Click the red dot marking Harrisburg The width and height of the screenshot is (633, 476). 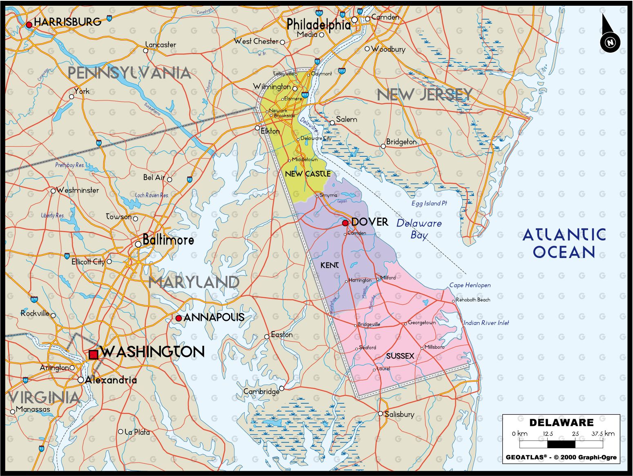(29, 25)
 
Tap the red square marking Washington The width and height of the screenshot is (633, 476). (94, 354)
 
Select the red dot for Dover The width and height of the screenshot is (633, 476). (345, 223)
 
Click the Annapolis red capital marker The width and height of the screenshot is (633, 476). (178, 318)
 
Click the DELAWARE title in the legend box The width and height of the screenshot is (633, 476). (561, 423)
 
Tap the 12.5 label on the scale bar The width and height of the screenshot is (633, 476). (548, 434)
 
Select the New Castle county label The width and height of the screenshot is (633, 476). (308, 174)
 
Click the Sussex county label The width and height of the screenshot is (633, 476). (400, 356)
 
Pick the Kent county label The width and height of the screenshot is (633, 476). (330, 265)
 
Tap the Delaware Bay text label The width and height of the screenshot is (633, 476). (419, 229)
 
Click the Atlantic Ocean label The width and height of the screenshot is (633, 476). (564, 243)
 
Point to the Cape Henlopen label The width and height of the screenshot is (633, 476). (470, 285)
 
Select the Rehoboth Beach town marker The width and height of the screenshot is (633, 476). (453, 301)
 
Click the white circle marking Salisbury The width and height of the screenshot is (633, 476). (380, 414)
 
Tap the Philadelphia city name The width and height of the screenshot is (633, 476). (318, 25)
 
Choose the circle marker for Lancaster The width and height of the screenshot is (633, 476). (146, 51)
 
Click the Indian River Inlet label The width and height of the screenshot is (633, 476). (486, 323)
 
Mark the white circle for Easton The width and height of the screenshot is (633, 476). (267, 336)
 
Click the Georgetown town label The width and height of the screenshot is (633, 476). (422, 323)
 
